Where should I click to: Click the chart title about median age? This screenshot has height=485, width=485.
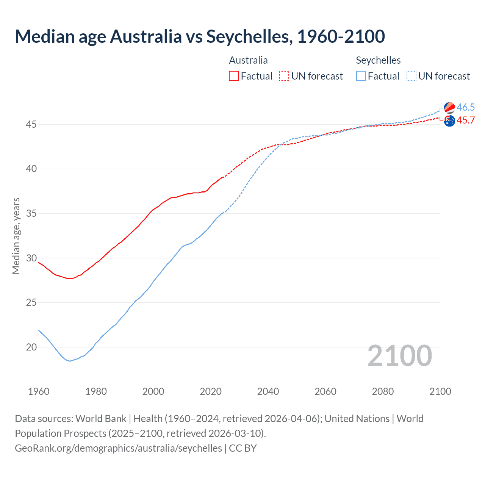[200, 36]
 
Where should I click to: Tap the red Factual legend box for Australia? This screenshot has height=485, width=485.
[234, 76]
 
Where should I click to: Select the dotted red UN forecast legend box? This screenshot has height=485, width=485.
[284, 76]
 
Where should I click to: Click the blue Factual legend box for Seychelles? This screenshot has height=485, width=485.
[361, 76]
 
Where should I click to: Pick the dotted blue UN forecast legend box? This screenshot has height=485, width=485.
[411, 76]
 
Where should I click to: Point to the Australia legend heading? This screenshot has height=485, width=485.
[248, 60]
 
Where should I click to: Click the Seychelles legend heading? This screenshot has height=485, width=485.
[378, 60]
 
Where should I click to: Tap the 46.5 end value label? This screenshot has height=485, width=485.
[466, 107]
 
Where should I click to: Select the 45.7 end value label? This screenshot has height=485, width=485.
[466, 120]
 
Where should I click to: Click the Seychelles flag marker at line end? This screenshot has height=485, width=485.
[449, 108]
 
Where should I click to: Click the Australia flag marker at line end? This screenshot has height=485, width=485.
[449, 121]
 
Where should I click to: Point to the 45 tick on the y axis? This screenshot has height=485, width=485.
[31, 124]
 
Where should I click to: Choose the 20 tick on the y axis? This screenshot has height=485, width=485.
[31, 347]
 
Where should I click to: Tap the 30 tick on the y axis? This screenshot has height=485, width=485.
[31, 258]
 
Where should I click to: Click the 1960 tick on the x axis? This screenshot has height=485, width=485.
[39, 391]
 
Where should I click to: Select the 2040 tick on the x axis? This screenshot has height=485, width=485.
[268, 391]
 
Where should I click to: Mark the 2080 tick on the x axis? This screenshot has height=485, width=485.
[383, 391]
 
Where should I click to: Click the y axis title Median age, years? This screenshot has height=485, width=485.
[16, 236]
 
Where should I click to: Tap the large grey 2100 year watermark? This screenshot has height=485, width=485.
[399, 355]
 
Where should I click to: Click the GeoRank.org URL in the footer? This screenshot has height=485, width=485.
[118, 448]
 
